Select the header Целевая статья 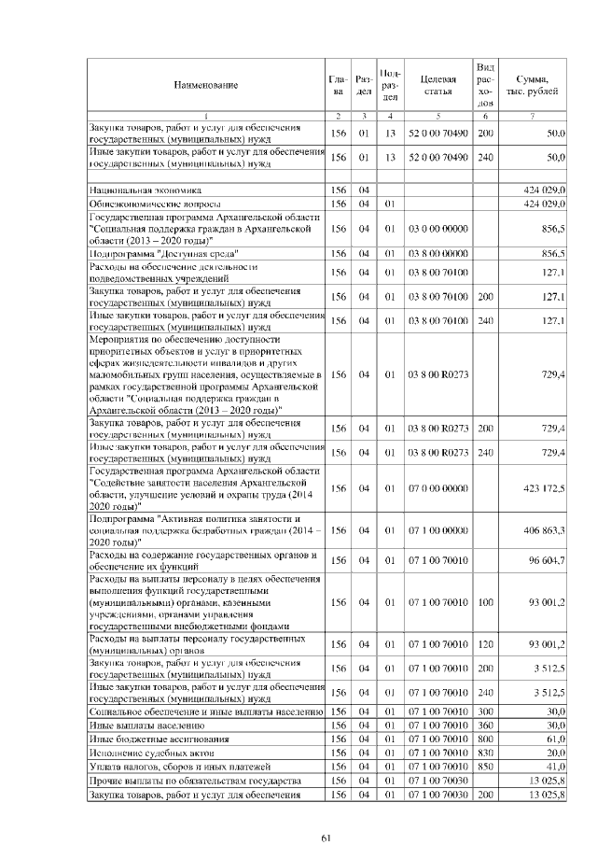pyautogui.click(x=437, y=85)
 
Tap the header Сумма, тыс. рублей pyautogui.click(x=532, y=85)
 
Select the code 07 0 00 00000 pyautogui.click(x=437, y=487)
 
